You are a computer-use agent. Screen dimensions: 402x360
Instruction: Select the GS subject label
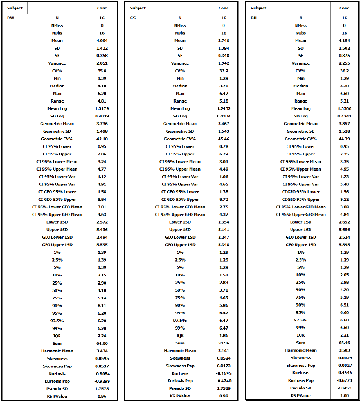[133, 18]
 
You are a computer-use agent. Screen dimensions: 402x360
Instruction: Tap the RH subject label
[254, 18]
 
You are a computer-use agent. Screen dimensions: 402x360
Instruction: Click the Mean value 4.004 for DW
[102, 41]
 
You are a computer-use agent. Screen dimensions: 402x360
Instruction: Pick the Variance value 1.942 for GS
[223, 63]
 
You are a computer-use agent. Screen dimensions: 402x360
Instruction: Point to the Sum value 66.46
[344, 343]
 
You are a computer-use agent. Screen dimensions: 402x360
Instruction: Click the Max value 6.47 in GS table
[223, 94]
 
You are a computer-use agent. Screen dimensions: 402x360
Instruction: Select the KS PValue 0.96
[102, 396]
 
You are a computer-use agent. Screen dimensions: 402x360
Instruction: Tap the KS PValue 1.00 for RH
[344, 396]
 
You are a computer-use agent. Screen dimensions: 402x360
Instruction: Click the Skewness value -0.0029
[344, 358]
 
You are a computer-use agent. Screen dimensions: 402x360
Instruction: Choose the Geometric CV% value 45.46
[223, 139]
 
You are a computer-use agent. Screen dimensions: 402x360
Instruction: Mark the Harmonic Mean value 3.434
[102, 351]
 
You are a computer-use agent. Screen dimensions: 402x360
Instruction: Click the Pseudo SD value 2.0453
[344, 388]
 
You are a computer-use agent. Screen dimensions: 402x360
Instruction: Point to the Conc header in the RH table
[344, 8]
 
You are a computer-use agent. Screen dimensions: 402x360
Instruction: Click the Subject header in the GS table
[137, 8]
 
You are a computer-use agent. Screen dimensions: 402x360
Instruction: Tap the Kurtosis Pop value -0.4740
[223, 381]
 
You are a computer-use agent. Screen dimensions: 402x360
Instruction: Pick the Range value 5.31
[344, 101]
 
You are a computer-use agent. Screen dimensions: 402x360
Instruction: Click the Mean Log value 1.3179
[102, 108]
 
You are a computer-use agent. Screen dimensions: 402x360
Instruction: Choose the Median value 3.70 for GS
[223, 86]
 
